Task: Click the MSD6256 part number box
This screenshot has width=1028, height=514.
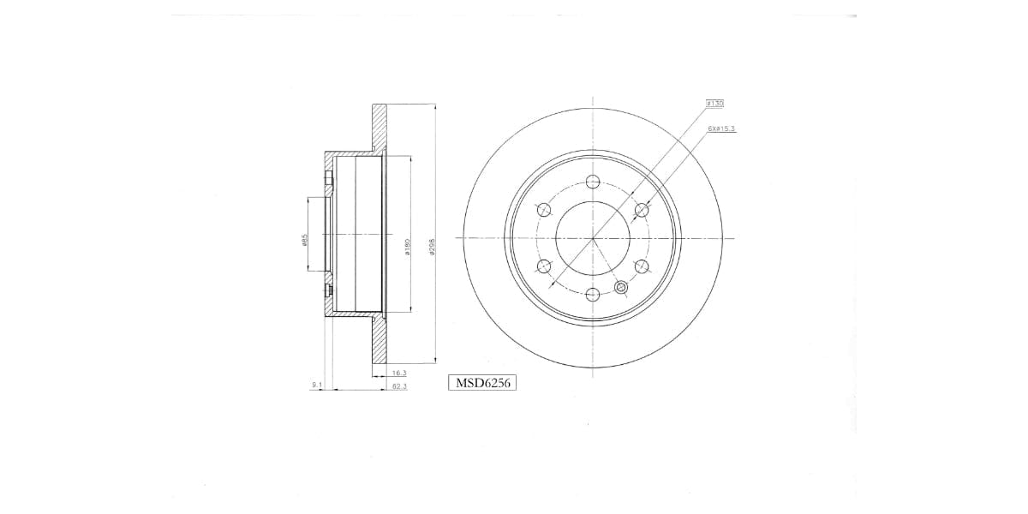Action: click(481, 383)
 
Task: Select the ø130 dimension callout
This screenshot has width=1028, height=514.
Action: click(715, 103)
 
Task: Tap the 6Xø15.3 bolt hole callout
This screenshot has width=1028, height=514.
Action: click(722, 128)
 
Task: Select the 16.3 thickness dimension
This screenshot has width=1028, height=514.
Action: click(398, 373)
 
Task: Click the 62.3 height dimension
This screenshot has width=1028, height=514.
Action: click(398, 387)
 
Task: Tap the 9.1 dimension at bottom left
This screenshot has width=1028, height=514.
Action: click(316, 386)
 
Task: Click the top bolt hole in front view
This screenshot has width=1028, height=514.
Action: click(593, 181)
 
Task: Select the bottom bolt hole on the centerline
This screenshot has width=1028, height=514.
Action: click(593, 295)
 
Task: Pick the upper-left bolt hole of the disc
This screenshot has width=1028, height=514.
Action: click(543, 209)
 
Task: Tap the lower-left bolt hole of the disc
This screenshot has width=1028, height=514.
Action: click(543, 266)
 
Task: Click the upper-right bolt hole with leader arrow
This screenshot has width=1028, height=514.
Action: click(642, 209)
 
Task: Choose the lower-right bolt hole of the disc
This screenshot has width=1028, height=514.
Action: click(642, 266)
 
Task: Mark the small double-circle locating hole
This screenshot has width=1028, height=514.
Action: click(622, 288)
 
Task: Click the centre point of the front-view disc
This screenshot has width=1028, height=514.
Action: click(593, 238)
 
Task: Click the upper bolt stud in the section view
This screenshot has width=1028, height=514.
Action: click(328, 179)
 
